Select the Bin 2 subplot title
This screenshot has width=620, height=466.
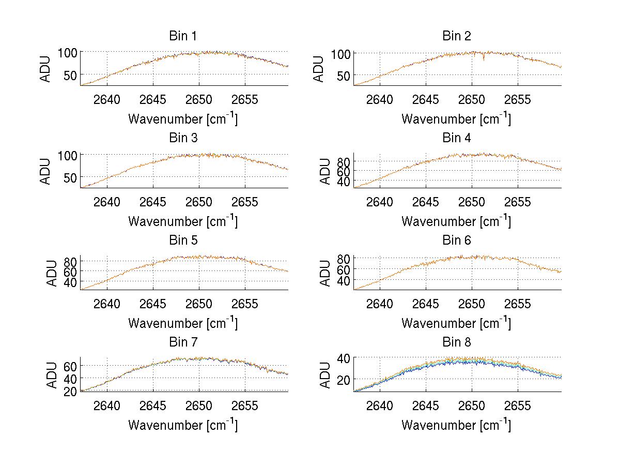pyautogui.click(x=456, y=36)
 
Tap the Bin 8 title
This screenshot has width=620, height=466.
pyautogui.click(x=456, y=342)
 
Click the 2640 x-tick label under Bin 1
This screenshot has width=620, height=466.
pyautogui.click(x=107, y=99)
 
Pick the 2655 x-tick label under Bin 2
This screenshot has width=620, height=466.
pyautogui.click(x=517, y=99)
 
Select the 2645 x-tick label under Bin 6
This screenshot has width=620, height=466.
pyautogui.click(x=426, y=304)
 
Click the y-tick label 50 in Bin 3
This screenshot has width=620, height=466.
pyautogui.click(x=71, y=177)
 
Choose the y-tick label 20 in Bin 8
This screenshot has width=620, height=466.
pyautogui.click(x=344, y=379)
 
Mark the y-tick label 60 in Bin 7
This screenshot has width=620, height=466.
pyautogui.click(x=70, y=366)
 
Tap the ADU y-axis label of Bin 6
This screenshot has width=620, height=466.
pyautogui.click(x=325, y=273)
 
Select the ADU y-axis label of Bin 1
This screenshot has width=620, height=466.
pyautogui.click(x=46, y=69)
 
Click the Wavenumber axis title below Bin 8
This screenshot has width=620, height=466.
pyautogui.click(x=456, y=425)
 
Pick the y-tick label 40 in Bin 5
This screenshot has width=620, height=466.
pyautogui.click(x=70, y=282)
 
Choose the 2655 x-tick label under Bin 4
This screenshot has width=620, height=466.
pyautogui.click(x=517, y=202)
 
